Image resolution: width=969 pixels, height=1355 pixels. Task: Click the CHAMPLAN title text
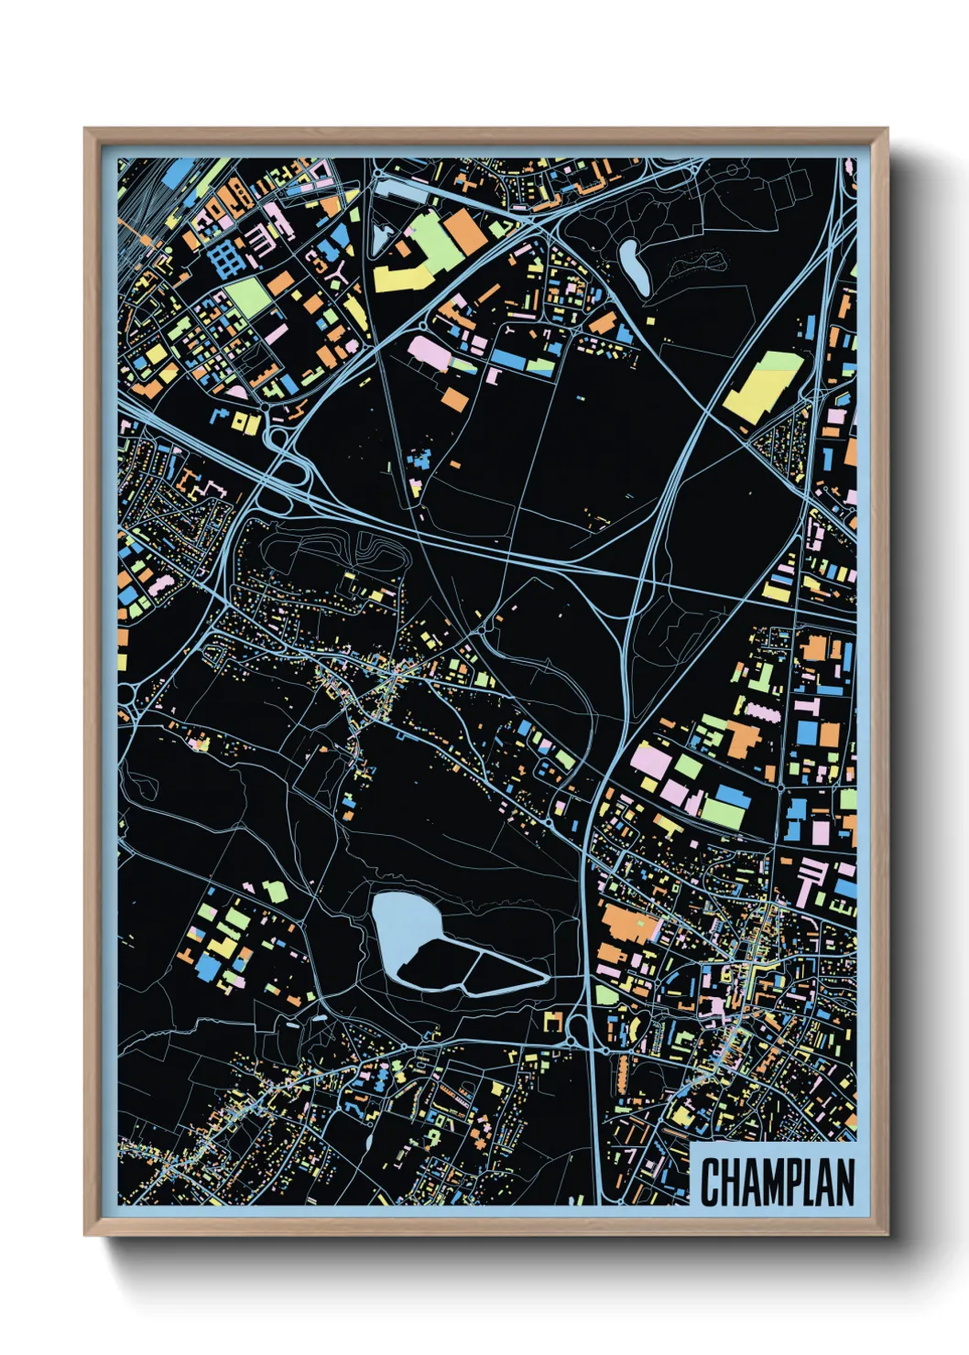point(778,1182)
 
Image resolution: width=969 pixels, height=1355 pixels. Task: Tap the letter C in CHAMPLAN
point(711,1182)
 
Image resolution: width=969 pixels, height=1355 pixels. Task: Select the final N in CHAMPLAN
point(844,1182)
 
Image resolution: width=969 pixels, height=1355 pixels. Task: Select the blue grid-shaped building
point(223,257)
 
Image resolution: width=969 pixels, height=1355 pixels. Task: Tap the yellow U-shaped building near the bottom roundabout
point(552,1021)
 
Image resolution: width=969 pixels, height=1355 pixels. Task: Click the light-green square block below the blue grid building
point(245,297)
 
